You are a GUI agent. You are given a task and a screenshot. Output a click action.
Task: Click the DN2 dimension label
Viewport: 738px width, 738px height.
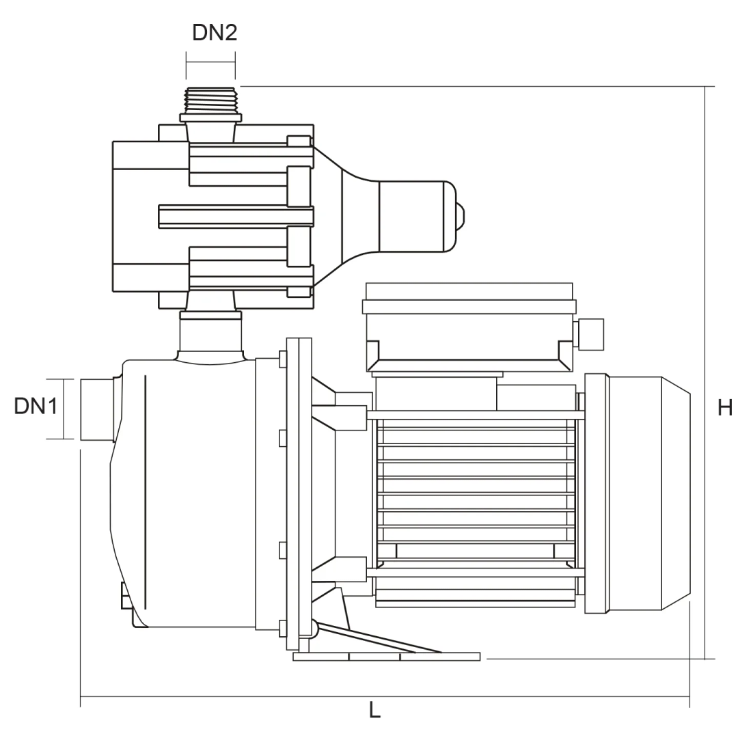(x=215, y=33)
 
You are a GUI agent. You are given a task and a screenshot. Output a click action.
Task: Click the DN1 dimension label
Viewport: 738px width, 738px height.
(x=36, y=407)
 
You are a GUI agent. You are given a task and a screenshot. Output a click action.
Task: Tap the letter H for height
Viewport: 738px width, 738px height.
(x=724, y=408)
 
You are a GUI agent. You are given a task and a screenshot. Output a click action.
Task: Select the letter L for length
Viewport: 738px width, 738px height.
(x=374, y=711)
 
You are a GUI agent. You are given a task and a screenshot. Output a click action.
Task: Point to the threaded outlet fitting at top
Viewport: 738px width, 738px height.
(x=210, y=99)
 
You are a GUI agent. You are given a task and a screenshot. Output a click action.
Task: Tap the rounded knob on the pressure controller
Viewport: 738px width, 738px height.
(x=461, y=216)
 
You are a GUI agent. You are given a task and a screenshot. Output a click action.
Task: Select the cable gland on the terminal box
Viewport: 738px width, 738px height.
(x=590, y=332)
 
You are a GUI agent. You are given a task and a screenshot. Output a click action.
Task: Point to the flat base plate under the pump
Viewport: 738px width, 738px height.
(x=386, y=657)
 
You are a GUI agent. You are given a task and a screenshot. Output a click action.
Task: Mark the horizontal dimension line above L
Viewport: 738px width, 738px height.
(x=383, y=697)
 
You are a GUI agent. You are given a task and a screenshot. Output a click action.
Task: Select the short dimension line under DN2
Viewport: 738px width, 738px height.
(x=210, y=62)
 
